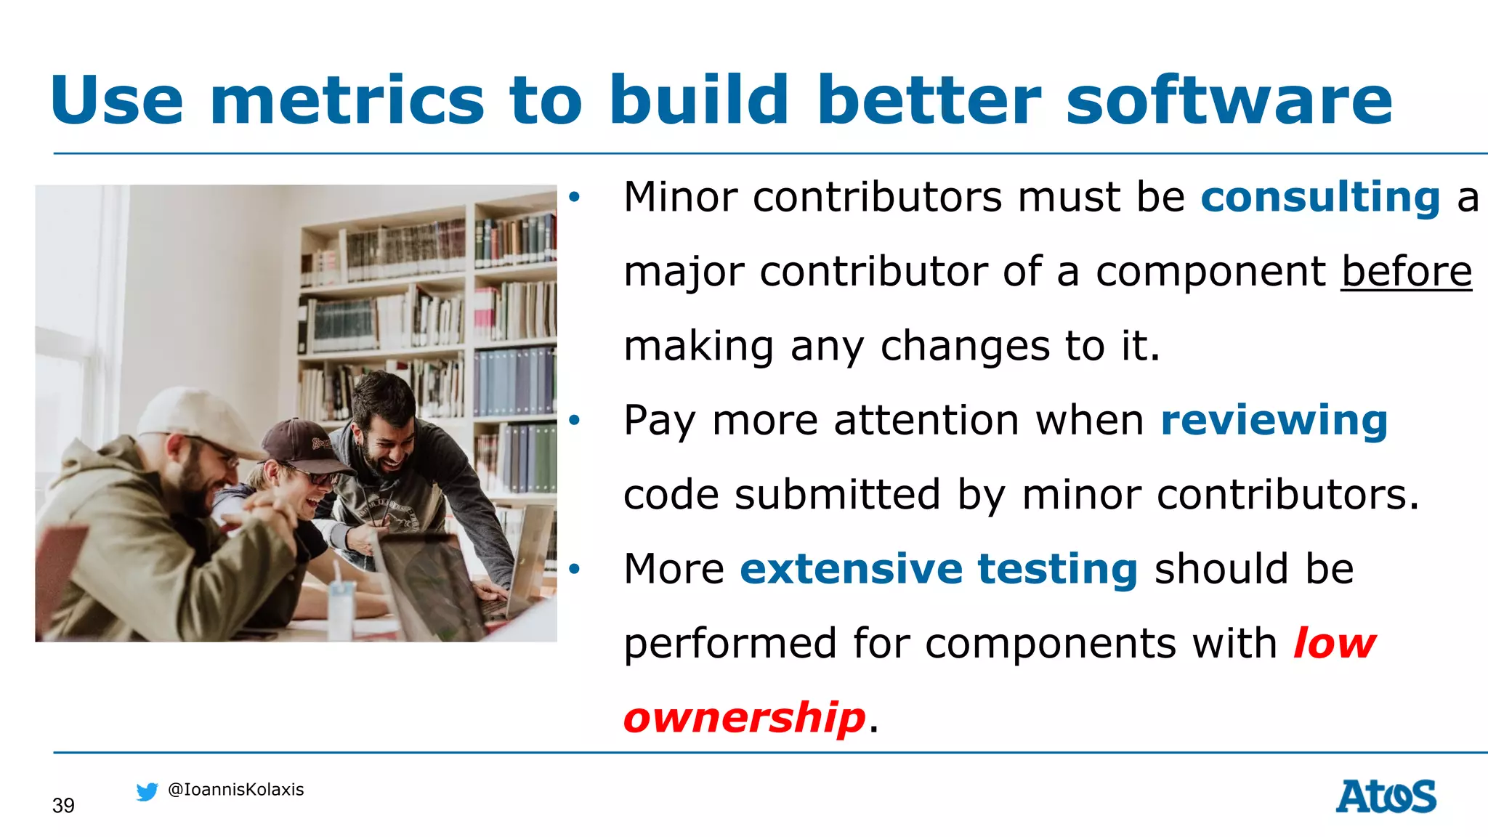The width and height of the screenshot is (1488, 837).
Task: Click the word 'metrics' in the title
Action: [x=347, y=100]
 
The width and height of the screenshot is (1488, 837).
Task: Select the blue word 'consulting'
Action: [x=1320, y=198]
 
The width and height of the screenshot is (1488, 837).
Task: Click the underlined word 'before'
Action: [x=1406, y=272]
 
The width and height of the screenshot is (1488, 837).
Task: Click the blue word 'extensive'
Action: [x=851, y=569]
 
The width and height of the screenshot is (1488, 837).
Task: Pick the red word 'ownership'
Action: [x=745, y=718]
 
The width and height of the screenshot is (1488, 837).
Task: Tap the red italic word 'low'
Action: [x=1334, y=644]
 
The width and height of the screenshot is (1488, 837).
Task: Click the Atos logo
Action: [x=1386, y=796]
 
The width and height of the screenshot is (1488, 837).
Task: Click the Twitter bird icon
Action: [x=147, y=791]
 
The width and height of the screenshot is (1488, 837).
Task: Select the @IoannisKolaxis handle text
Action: [x=235, y=790]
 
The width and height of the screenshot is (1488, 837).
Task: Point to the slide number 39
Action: [x=63, y=806]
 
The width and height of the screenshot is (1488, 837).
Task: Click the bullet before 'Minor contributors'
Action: [x=575, y=197]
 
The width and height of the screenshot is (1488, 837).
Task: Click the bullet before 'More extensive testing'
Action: [x=575, y=569]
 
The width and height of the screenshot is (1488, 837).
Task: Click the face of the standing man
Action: [x=385, y=436]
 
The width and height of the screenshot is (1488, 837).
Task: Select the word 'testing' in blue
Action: [x=1057, y=569]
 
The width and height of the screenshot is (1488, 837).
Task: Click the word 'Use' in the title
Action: [x=117, y=100]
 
